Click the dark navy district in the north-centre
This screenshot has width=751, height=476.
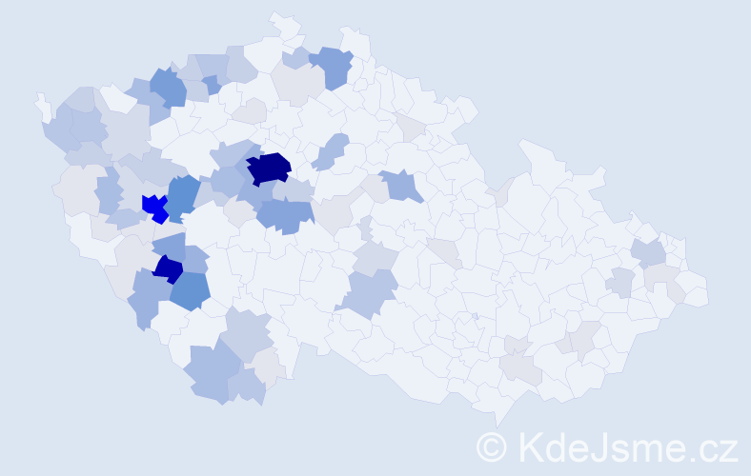click(x=270, y=169)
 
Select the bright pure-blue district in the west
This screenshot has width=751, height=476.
click(x=153, y=207)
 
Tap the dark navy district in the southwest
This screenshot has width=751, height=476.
click(x=169, y=269)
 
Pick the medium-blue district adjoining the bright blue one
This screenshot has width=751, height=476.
click(x=183, y=195)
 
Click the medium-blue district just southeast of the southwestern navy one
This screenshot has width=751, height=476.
click(x=191, y=291)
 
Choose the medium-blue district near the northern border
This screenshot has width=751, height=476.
click(x=332, y=66)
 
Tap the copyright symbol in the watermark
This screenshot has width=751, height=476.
click(x=492, y=446)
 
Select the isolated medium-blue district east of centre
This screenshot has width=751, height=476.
click(x=401, y=185)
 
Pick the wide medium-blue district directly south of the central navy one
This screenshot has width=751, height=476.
click(x=286, y=215)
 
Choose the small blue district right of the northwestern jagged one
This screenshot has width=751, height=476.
click(x=212, y=85)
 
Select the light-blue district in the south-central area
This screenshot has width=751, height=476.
click(x=373, y=292)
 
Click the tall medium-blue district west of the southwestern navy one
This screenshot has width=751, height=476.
click(x=148, y=297)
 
